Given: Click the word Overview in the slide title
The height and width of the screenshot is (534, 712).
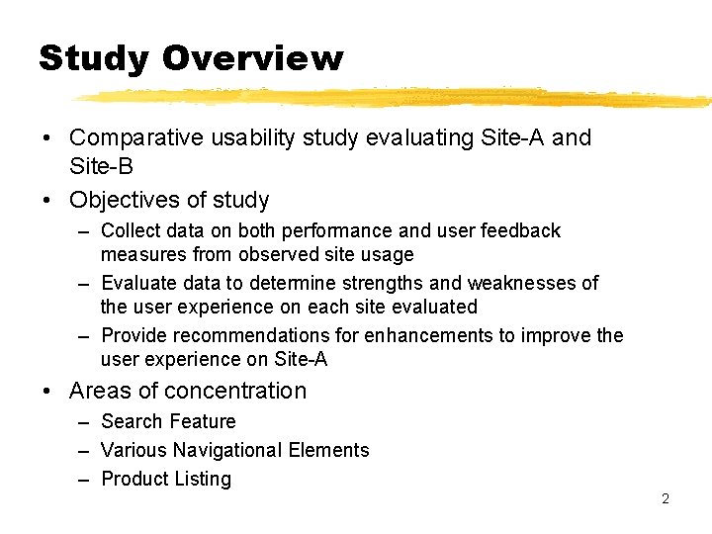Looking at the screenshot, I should tap(252, 58).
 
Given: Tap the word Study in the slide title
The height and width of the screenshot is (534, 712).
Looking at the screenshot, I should tap(94, 58).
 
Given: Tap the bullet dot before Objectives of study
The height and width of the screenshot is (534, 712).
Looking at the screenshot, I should tap(47, 201).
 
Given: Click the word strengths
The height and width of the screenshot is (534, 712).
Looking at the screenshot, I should tap(382, 284).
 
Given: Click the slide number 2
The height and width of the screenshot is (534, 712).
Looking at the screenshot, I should tap(665, 498).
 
